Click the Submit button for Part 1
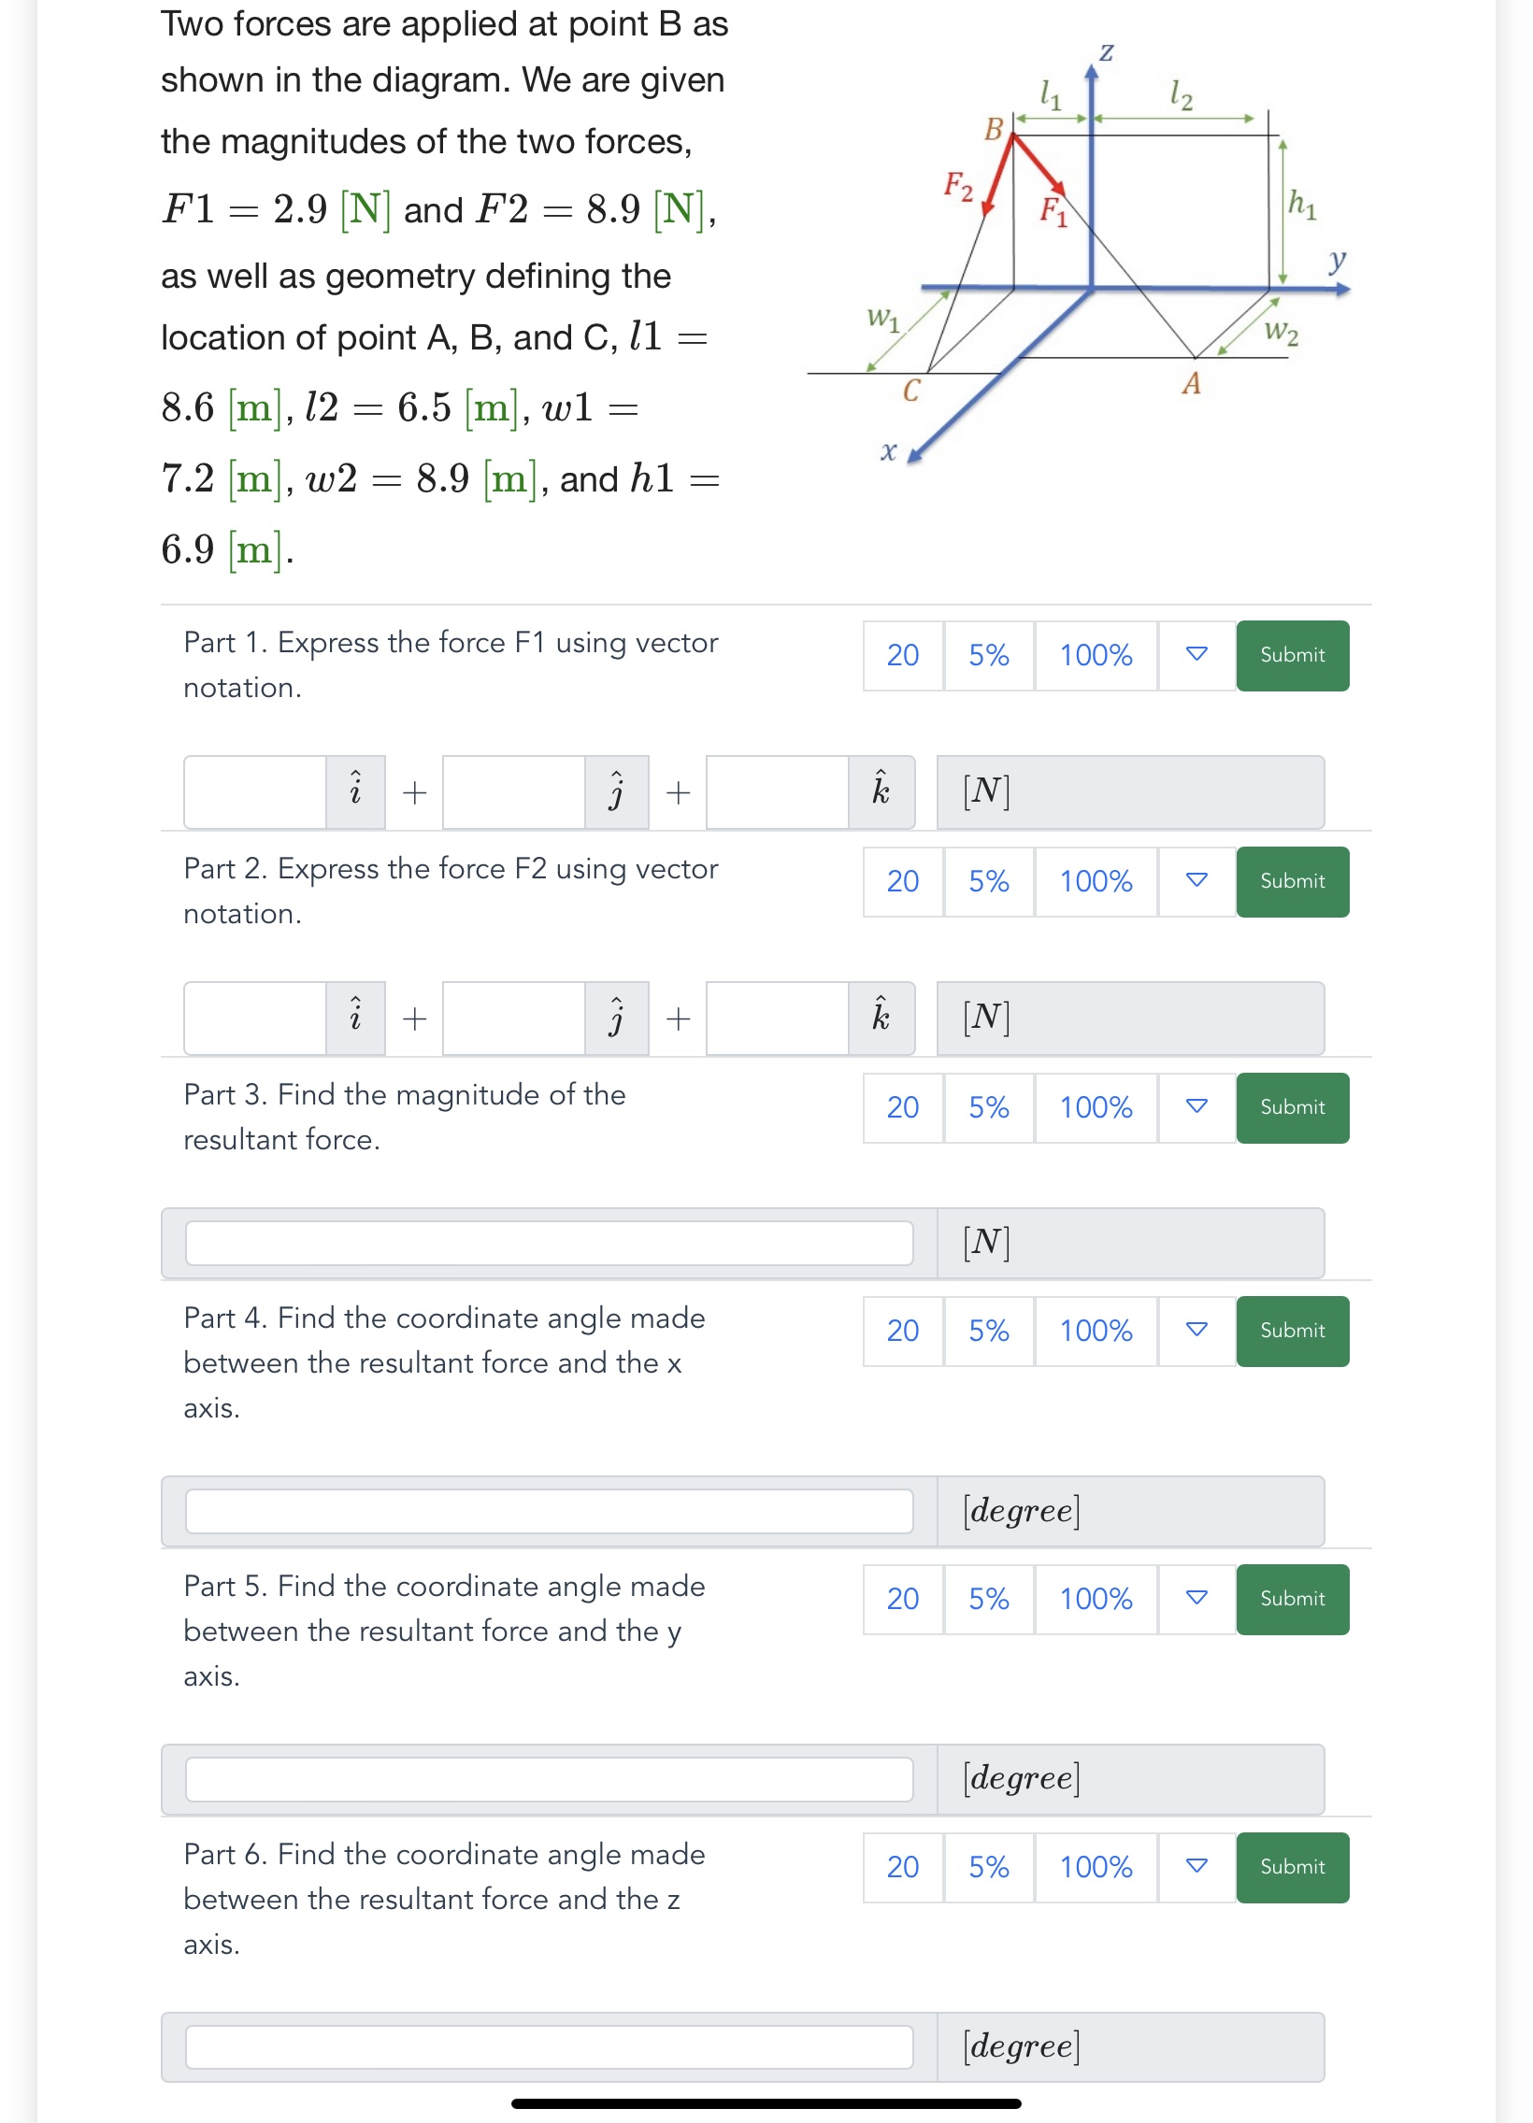pyautogui.click(x=1292, y=655)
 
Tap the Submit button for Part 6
pyautogui.click(x=1292, y=1867)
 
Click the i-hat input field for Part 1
pyautogui.click(x=254, y=791)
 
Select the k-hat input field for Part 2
pyautogui.click(x=777, y=1018)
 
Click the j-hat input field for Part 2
pyautogui.click(x=513, y=1018)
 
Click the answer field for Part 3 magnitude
pyautogui.click(x=549, y=1242)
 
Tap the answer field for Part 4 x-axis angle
pyautogui.click(x=549, y=1511)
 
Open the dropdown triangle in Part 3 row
pyautogui.click(x=1196, y=1106)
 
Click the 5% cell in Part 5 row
pyautogui.click(x=988, y=1599)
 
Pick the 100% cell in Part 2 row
pyautogui.click(x=1095, y=881)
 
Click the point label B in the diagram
pyautogui.click(x=994, y=129)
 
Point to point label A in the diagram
pyautogui.click(x=1190, y=384)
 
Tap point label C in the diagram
pyautogui.click(x=910, y=391)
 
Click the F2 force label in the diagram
pyautogui.click(x=957, y=184)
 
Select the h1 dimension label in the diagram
pyautogui.click(x=1302, y=202)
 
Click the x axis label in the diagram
pyautogui.click(x=888, y=451)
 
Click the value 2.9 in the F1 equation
pyautogui.click(x=300, y=207)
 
